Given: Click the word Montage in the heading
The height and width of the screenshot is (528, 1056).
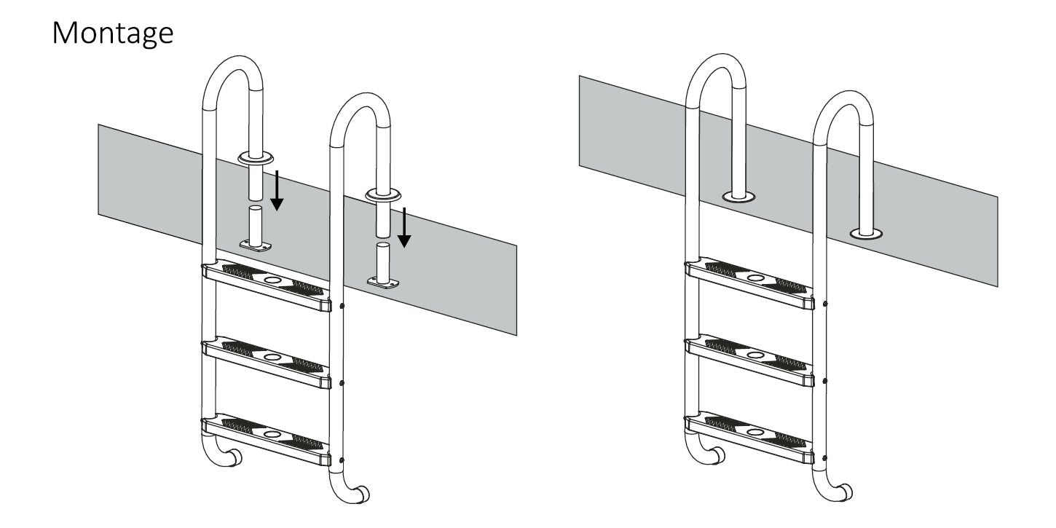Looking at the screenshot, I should coord(113,32).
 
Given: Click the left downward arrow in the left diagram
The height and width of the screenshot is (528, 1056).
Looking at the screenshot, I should coord(276,190).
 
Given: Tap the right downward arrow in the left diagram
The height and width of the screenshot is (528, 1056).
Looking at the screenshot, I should coord(404,226).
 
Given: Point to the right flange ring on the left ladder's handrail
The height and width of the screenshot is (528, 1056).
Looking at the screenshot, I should coord(383,194).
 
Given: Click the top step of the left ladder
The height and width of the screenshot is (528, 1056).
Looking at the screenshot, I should coord(267,285).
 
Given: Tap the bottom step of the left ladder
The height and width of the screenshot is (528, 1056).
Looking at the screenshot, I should coord(267,438).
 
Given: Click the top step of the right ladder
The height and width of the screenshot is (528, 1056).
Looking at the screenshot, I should coord(750,284).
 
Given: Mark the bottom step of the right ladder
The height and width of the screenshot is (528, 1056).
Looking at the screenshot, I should coord(750,438).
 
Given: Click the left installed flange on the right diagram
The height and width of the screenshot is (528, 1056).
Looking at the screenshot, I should coord(738,197).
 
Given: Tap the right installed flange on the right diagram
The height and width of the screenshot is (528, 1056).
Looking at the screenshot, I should coord(866,234).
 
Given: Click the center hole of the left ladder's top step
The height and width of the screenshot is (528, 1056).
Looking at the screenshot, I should coord(272,280).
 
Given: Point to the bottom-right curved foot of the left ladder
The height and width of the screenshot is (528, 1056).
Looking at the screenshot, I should coord(356,494).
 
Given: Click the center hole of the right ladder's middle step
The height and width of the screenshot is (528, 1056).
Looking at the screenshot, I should coord(756,355).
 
